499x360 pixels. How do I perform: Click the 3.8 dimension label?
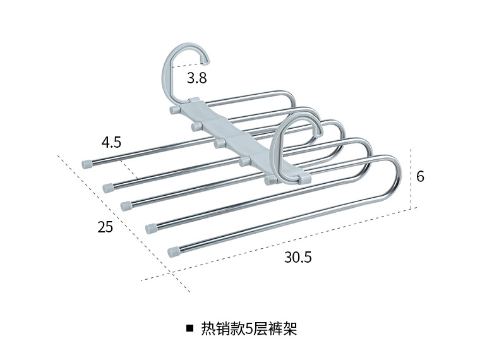tap(196, 78)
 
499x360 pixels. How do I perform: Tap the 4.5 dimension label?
tap(111, 142)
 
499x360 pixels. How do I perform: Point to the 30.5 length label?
tap(298, 257)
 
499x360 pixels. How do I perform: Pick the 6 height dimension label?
tap(420, 177)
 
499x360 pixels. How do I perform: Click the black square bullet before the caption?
tap(189, 329)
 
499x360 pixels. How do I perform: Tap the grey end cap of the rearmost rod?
tap(86, 163)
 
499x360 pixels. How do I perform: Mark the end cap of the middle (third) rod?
tap(126, 205)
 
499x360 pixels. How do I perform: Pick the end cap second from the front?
tap(152, 227)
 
